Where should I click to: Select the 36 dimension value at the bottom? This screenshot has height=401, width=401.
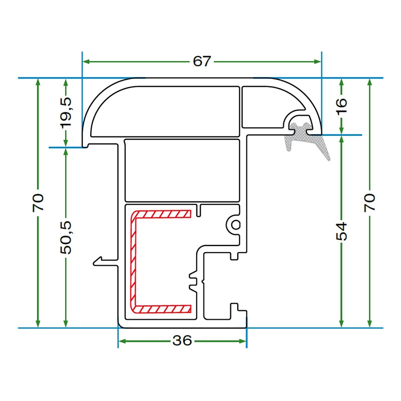click(182, 341)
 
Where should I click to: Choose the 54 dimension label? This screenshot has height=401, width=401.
click(341, 230)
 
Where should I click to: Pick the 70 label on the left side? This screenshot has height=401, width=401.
click(39, 203)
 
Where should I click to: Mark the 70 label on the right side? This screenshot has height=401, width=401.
click(369, 203)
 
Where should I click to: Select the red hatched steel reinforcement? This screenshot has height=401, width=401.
click(134, 261)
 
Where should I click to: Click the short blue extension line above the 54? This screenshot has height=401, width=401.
click(341, 135)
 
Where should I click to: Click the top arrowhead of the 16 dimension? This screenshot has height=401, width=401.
click(341, 82)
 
